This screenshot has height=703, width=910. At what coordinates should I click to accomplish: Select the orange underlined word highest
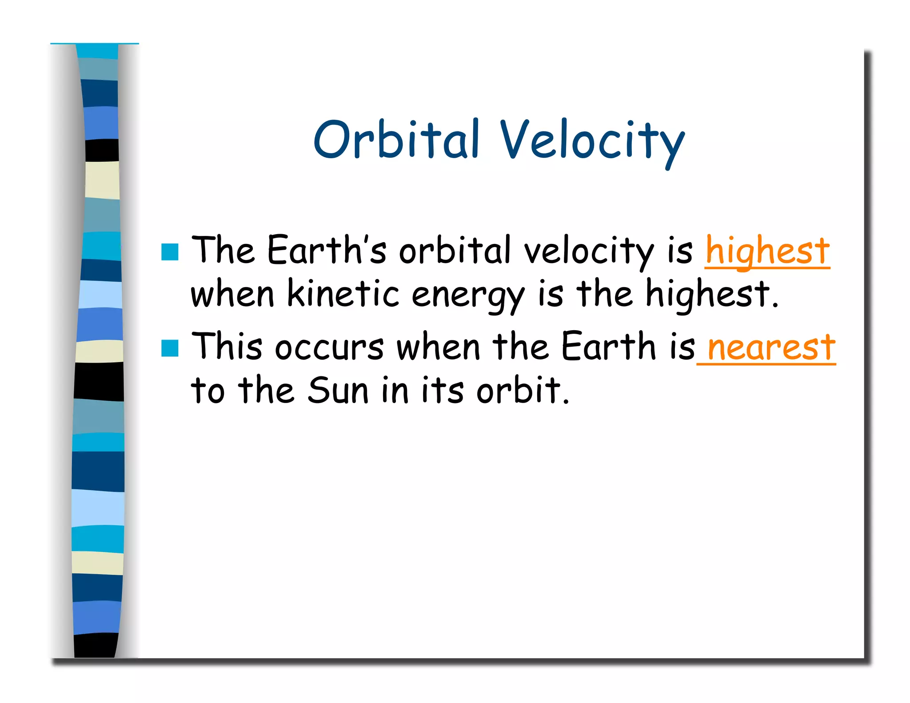[767, 251]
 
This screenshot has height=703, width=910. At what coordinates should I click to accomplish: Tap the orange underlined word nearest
[771, 347]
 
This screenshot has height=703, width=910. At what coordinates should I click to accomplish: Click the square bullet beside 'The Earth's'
[170, 252]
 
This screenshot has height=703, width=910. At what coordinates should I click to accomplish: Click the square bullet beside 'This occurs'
[170, 348]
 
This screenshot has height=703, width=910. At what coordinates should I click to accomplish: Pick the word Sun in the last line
[338, 391]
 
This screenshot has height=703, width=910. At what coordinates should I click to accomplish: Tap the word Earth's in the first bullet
[327, 250]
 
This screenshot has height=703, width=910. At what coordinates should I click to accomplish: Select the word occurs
[329, 347]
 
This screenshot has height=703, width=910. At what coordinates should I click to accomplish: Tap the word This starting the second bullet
[227, 346]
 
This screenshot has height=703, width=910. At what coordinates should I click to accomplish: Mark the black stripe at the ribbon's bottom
[96, 645]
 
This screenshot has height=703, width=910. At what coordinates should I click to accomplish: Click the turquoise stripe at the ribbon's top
[97, 52]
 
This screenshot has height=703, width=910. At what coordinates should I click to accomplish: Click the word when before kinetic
[232, 294]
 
